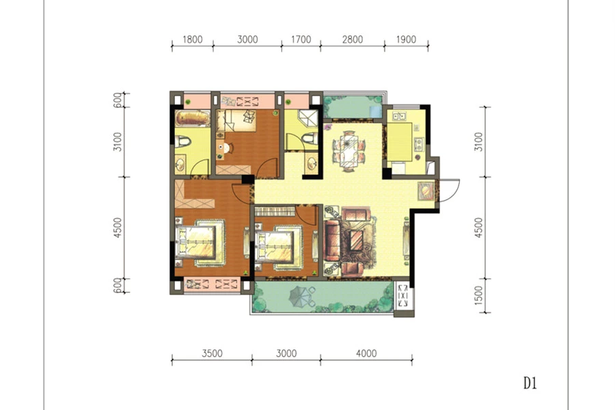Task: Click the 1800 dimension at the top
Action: pos(193,40)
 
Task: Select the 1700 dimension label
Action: pos(301,40)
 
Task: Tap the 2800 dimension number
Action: pos(353,40)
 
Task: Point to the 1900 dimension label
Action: pos(406,40)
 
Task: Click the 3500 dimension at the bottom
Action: pos(213,353)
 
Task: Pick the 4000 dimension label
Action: pos(366,353)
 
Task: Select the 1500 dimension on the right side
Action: pos(478,295)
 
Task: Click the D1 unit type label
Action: pos(530,383)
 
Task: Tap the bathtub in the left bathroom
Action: pos(193,118)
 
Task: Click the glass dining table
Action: pos(348,150)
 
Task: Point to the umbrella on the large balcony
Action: pos(300,295)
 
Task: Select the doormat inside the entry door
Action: pos(426,191)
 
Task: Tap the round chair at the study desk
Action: pos(228,148)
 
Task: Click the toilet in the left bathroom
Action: pos(182,141)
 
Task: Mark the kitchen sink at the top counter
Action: pos(398,116)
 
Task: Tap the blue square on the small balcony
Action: pos(375,111)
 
